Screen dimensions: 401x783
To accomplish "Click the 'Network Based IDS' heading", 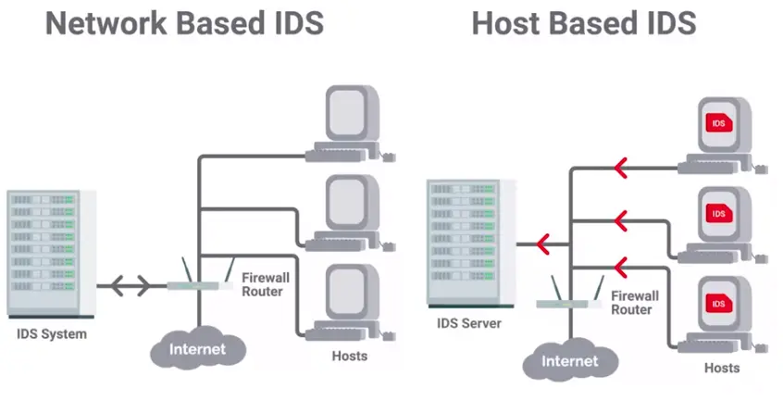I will pyautogui.click(x=185, y=23).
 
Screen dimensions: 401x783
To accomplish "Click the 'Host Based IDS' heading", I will pyautogui.click(x=583, y=23).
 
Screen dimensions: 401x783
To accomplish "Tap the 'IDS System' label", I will pyautogui.click(x=51, y=333).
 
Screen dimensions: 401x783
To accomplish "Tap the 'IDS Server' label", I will pyautogui.click(x=469, y=323).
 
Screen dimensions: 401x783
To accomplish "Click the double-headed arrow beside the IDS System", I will pyautogui.click(x=123, y=285).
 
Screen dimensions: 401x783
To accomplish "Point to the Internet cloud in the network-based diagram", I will pyautogui.click(x=199, y=349).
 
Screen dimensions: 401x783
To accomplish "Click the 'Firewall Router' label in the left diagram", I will pyautogui.click(x=262, y=284).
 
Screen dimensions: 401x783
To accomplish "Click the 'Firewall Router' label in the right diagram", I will pyautogui.click(x=634, y=303).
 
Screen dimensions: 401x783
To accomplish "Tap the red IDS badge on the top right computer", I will pyautogui.click(x=717, y=122).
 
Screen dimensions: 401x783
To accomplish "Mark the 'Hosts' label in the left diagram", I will pyautogui.click(x=349, y=356).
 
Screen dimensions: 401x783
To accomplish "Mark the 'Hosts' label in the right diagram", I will pyautogui.click(x=722, y=368).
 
